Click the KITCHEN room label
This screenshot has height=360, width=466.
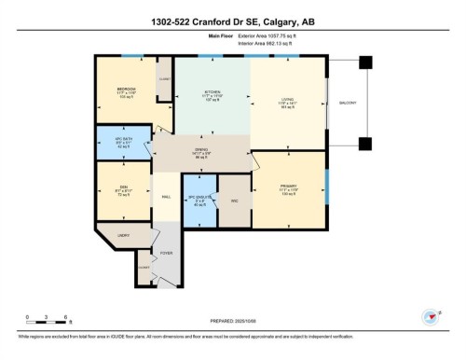pyautogui.click(x=212, y=92)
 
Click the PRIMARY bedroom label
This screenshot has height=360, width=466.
pyautogui.click(x=288, y=186)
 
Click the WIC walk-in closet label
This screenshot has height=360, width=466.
pyautogui.click(x=235, y=201)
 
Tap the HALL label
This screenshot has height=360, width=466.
pyautogui.click(x=166, y=197)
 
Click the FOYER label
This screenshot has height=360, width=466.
pyautogui.click(x=168, y=252)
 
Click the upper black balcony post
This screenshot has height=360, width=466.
pyautogui.click(x=364, y=62)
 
